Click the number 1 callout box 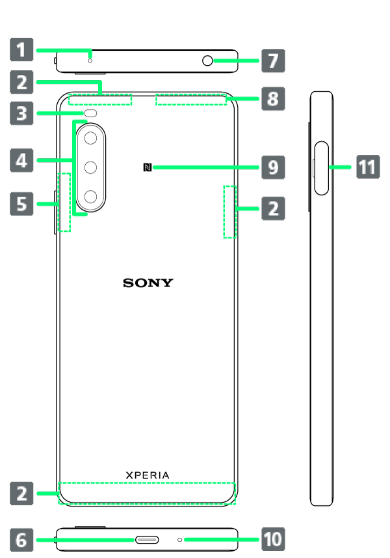(x=22, y=49)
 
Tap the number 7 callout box (x=273, y=61)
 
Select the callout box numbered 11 (x=367, y=167)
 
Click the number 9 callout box (x=273, y=167)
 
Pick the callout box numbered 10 (x=273, y=539)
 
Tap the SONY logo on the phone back (x=148, y=283)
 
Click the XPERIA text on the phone (x=148, y=475)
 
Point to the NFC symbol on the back (x=147, y=167)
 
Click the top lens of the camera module (x=92, y=138)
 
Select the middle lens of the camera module (x=92, y=167)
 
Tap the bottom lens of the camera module (x=92, y=196)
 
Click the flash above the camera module (x=90, y=113)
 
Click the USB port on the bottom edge (x=148, y=540)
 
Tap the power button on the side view (x=322, y=167)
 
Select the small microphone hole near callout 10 (x=180, y=540)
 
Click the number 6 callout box (x=22, y=540)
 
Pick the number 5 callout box (x=22, y=204)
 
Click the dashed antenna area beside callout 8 (x=192, y=100)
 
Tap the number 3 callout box (x=22, y=113)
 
